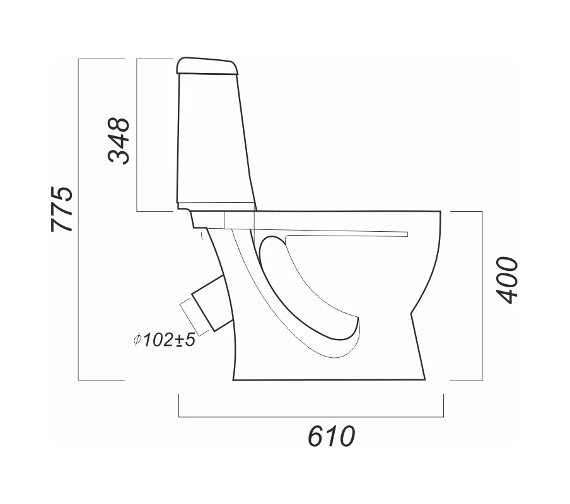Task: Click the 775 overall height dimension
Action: pyautogui.click(x=62, y=209)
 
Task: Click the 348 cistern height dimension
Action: pyautogui.click(x=119, y=141)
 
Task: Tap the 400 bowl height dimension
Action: pyautogui.click(x=507, y=280)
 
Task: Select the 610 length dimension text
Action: pyautogui.click(x=331, y=436)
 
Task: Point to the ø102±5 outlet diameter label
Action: pyautogui.click(x=165, y=340)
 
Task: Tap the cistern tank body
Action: pyautogui.click(x=216, y=138)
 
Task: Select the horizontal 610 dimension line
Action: pyautogui.click(x=311, y=416)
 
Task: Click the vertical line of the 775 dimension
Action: pyautogui.click(x=79, y=219)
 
